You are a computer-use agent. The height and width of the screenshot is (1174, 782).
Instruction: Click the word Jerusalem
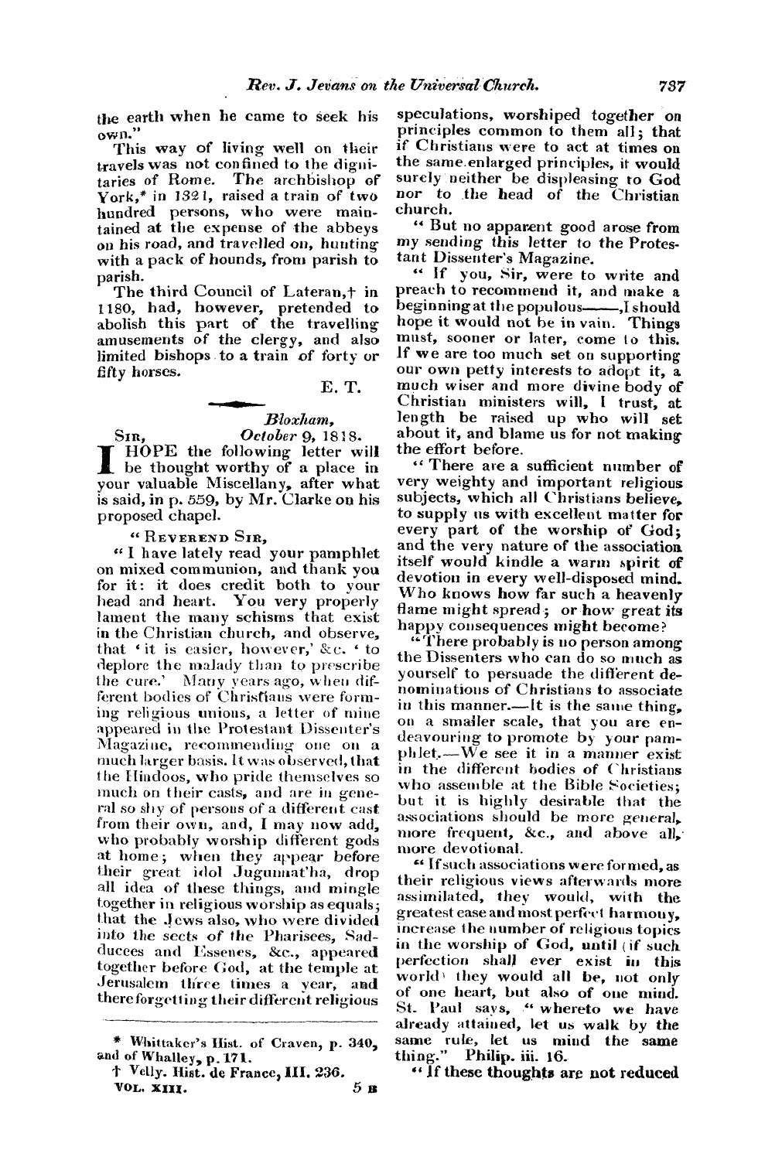pyautogui.click(x=133, y=985)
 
